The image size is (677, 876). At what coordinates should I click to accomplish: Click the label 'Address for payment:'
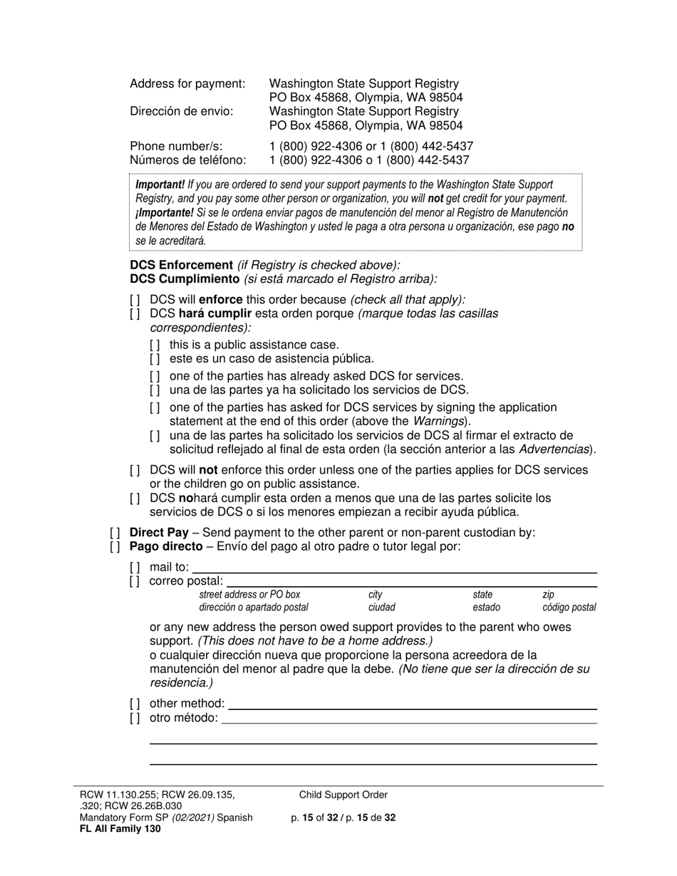point(187,84)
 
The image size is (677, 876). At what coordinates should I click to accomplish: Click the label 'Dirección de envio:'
point(181,111)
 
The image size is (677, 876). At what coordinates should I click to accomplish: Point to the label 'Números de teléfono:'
point(187,160)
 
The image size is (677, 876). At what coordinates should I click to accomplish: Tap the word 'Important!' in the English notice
point(160,184)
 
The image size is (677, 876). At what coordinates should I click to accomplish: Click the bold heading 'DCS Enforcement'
point(181,266)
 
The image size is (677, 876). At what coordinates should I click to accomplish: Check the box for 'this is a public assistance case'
point(155,345)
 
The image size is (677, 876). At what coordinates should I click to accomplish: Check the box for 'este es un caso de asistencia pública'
point(155,359)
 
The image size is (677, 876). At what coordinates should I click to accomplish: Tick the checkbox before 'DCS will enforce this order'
point(135,301)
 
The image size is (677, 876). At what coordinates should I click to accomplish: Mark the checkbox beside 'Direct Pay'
point(115,533)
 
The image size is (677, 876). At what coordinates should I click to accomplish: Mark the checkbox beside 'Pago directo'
point(115,547)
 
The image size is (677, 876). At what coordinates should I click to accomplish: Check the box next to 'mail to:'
point(135,568)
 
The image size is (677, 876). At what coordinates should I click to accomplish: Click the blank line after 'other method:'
point(412,704)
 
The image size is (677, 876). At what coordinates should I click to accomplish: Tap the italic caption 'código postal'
point(569,608)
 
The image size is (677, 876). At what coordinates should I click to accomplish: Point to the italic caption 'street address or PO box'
point(249,594)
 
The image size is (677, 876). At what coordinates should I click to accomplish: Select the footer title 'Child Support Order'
point(343,796)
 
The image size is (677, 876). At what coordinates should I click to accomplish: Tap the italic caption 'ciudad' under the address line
point(381,608)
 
